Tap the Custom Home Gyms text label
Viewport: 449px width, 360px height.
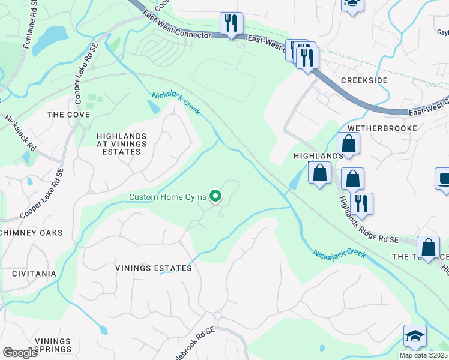point(169,197)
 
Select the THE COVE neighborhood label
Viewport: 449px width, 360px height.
point(68,115)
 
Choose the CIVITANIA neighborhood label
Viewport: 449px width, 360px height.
point(34,274)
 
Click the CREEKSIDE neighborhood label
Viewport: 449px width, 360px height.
point(364,80)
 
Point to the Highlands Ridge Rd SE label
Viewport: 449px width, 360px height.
point(367,220)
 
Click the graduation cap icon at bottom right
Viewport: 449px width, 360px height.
point(415,337)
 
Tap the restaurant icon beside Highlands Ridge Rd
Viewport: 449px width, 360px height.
point(361,204)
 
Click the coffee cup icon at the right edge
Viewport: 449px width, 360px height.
point(443,179)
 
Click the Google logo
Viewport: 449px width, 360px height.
point(20,353)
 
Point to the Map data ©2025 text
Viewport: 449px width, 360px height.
point(423,355)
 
